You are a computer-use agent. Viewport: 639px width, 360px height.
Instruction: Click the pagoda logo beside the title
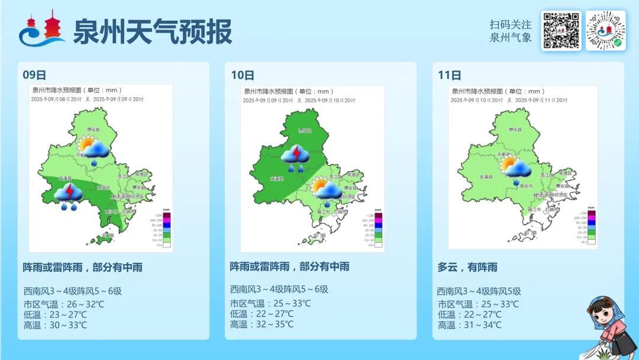(x=42, y=30)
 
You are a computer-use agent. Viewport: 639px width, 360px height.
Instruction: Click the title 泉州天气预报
(x=153, y=31)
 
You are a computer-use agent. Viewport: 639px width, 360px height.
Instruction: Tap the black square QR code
(x=561, y=30)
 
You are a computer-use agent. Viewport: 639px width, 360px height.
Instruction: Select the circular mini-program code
(x=605, y=30)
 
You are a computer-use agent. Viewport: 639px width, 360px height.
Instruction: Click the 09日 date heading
(x=34, y=75)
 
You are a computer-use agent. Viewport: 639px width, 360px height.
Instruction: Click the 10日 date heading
(x=243, y=75)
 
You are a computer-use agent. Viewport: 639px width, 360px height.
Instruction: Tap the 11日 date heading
(x=450, y=75)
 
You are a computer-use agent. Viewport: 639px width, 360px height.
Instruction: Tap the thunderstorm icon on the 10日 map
(x=295, y=158)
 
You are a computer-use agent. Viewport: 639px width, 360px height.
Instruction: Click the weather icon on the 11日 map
(x=517, y=171)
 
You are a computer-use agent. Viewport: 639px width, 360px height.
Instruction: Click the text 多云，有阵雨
(x=467, y=267)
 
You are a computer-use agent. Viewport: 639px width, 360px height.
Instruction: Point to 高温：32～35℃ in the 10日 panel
(x=262, y=324)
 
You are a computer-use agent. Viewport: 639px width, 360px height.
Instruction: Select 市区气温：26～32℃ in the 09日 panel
(x=64, y=304)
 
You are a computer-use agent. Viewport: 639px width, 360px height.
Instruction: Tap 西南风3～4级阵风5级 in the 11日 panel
(x=479, y=291)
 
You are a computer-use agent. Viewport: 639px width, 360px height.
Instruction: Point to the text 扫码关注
(x=510, y=25)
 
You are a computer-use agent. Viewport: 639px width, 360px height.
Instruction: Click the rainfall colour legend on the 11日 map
(x=588, y=227)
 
